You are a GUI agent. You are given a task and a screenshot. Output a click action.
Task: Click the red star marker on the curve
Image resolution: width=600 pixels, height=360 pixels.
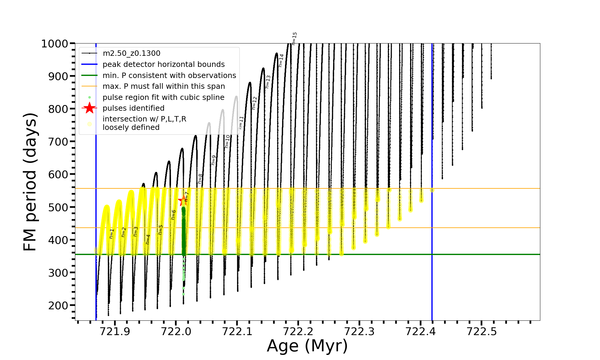[x=183, y=201]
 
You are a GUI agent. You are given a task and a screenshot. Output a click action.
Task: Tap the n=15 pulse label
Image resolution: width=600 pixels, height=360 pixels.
[x=294, y=38]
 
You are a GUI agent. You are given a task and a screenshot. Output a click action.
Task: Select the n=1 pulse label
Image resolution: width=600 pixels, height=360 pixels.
[x=112, y=233]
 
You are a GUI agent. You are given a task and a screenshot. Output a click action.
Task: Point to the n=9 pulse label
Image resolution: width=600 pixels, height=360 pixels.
[x=214, y=160]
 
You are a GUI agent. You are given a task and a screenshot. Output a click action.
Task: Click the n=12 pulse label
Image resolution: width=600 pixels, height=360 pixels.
[x=254, y=103]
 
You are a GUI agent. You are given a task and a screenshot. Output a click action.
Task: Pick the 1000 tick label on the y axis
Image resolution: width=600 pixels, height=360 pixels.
[x=55, y=44]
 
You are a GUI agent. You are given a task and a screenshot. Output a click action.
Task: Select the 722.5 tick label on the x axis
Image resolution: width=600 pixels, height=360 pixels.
[x=482, y=331]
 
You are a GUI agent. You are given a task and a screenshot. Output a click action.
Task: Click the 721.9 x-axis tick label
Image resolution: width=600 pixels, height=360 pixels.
[x=115, y=331]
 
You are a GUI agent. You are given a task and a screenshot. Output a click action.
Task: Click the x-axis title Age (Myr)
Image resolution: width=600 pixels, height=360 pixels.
[x=307, y=346]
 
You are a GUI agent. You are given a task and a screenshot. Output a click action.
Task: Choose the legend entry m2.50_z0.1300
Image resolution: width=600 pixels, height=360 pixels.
[x=131, y=53]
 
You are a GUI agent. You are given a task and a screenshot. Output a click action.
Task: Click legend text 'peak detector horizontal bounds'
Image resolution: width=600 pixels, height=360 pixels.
[x=163, y=64]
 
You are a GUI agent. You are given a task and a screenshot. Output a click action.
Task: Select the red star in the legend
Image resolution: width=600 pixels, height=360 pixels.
[x=89, y=108]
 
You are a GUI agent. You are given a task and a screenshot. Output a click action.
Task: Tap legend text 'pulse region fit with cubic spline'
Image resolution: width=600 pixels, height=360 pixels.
[x=163, y=97]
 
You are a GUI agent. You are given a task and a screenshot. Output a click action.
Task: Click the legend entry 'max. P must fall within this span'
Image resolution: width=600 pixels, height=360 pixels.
[x=163, y=86]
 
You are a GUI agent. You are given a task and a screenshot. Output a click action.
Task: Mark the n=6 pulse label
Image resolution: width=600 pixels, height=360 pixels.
[x=173, y=215]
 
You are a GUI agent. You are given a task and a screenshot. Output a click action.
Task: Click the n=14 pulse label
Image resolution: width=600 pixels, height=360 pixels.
[x=281, y=60]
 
